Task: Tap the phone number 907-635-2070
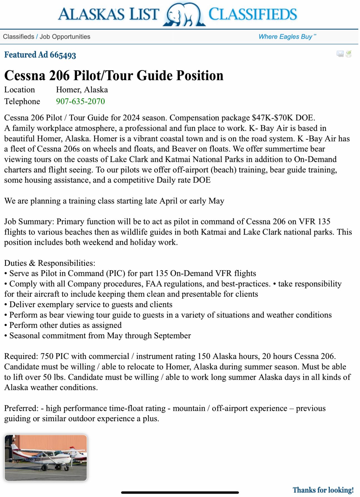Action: click(80, 101)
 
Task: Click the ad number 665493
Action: click(63, 55)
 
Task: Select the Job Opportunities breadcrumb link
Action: click(65, 37)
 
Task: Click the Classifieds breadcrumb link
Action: click(18, 37)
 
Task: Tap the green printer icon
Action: click(349, 54)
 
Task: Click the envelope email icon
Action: click(340, 54)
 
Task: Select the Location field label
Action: click(20, 90)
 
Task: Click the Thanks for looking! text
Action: click(323, 490)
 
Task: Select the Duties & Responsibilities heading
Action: click(50, 263)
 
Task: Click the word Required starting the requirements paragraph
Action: click(21, 356)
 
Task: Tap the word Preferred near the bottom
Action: click(21, 408)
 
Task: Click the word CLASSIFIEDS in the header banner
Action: click(253, 14)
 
